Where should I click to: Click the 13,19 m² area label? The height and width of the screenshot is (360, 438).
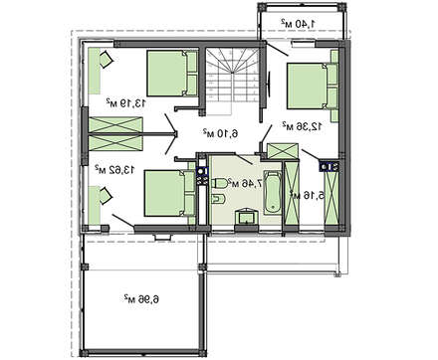125,102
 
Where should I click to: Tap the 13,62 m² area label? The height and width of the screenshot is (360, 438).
114,169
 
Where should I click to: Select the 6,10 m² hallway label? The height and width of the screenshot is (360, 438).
221,133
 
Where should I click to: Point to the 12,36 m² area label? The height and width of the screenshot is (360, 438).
302,126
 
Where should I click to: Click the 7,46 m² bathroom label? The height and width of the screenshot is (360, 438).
247,183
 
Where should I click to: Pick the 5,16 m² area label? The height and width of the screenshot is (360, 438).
307,195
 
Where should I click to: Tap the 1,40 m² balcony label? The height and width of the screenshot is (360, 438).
299,23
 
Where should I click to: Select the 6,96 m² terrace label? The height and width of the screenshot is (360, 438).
141,299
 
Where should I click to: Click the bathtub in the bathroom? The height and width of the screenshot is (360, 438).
273,192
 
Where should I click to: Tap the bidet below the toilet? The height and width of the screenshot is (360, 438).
218,199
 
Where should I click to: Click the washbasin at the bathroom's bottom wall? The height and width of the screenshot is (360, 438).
246,217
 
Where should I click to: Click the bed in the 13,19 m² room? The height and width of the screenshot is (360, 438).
172,74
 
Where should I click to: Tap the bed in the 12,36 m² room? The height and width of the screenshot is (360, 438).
313,86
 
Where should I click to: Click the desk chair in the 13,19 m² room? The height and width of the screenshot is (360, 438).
107,60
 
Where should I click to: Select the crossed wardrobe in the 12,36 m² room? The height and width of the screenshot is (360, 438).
283,151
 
